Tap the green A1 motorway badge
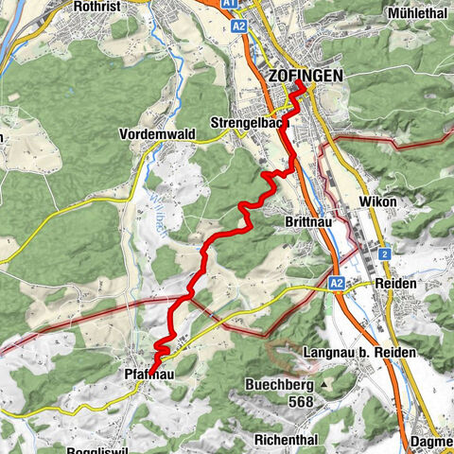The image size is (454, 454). click(x=230, y=5)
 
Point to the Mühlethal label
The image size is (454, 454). click(x=420, y=14)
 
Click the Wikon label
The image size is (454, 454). click(x=377, y=202)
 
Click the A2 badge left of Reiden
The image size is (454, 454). click(x=338, y=282)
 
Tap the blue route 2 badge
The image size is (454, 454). click(x=386, y=253)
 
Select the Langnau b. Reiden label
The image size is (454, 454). click(x=357, y=353)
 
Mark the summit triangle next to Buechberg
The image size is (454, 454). click(x=323, y=385)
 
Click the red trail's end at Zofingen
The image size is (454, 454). click(x=304, y=85)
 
